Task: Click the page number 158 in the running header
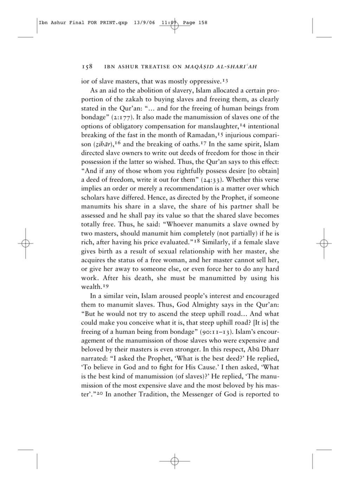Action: (87, 66)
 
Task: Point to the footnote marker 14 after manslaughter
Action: (243, 125)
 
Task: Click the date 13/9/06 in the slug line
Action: (144, 23)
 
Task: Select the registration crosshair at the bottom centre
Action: (175, 461)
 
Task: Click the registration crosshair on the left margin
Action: (26, 243)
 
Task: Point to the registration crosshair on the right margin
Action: (324, 243)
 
